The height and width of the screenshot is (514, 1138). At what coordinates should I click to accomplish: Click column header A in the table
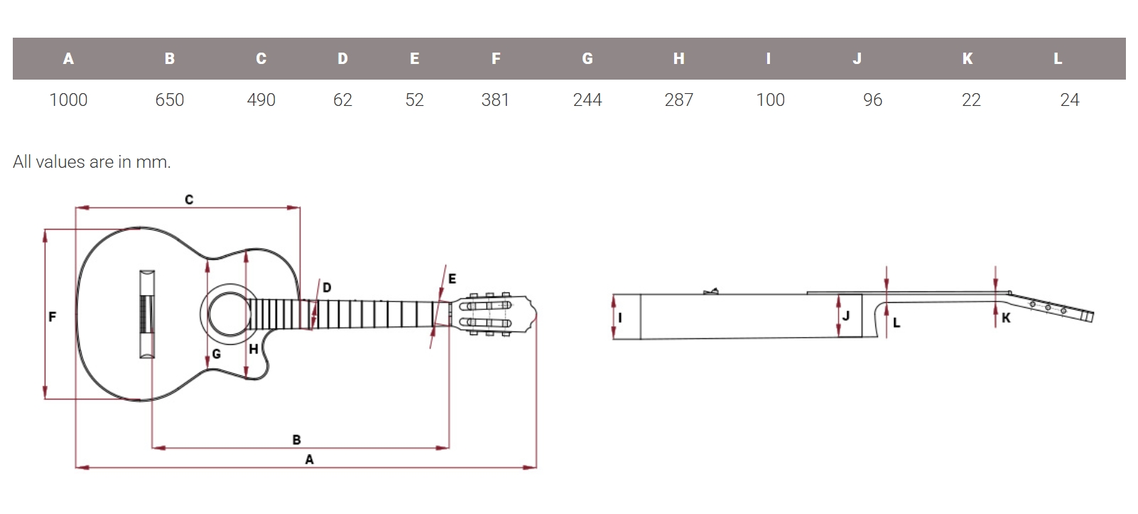point(69,59)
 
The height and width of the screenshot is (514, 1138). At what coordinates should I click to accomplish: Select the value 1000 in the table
point(68,100)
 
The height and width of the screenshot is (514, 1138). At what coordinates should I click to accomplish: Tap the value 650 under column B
point(170,100)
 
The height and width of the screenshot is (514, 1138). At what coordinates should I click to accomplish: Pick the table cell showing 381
point(495,100)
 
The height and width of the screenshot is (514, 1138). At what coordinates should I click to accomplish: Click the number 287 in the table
point(678,100)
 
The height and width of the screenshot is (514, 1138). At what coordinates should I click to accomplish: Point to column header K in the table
point(968,59)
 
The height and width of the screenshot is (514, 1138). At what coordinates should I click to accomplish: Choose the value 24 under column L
point(1069,100)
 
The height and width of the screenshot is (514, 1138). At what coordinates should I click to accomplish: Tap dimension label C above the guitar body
point(189,199)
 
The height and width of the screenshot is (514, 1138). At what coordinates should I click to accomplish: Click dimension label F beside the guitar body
point(52,317)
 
